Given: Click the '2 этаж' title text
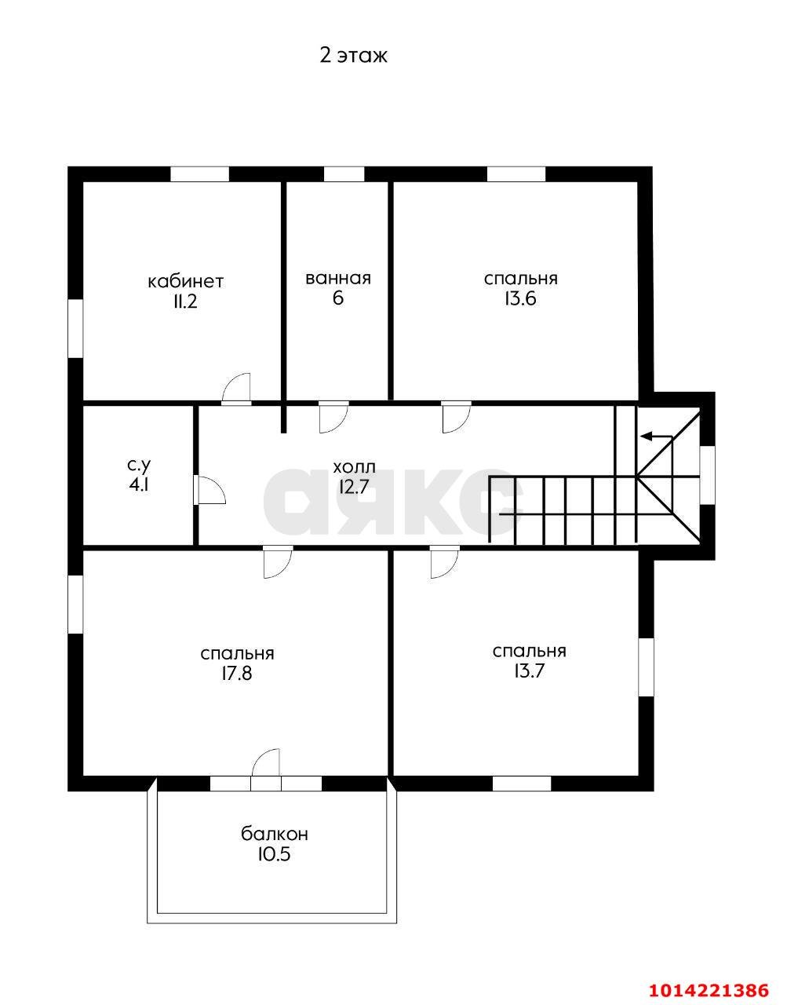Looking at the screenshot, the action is tap(354, 56).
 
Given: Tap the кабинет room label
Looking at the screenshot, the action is tap(186, 281).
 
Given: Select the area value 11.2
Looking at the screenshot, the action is tap(185, 302).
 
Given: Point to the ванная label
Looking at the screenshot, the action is tap(338, 279).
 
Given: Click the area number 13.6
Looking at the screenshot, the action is tap(520, 299).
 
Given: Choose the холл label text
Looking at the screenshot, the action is tap(354, 467).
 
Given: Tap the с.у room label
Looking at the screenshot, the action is tap(139, 466).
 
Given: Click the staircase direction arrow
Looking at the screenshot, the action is tap(657, 437).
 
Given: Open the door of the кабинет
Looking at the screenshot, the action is tap(236, 389).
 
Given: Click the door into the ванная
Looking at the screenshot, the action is tap(333, 418).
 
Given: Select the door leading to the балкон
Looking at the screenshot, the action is tap(266, 762).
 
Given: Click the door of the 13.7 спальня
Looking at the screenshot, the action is tap(445, 562).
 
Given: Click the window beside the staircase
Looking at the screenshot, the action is tap(708, 474).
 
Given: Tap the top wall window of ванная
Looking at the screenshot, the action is tap(344, 174).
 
